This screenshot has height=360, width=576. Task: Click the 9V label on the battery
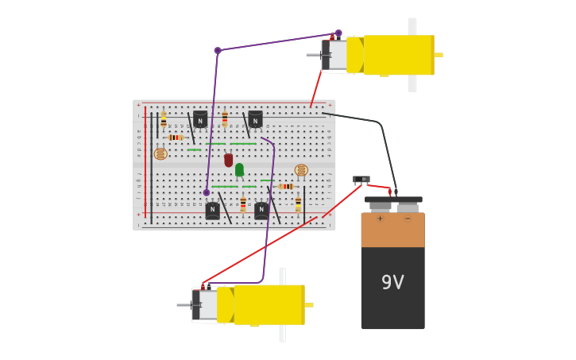[x=392, y=282]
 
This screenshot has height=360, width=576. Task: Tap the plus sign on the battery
[x=380, y=219]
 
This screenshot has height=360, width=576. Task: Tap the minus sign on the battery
[x=407, y=219]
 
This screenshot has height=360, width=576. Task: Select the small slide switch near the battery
[x=361, y=180]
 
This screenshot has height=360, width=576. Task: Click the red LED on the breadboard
[x=229, y=160]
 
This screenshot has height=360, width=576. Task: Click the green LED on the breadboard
[x=239, y=169]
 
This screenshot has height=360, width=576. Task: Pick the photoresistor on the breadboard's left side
[x=160, y=153]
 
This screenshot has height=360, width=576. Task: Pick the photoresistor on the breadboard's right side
[x=301, y=170]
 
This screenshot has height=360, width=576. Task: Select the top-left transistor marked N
[x=200, y=120]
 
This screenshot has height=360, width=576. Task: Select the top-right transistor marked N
[x=255, y=120]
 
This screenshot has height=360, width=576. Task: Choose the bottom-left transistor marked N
[x=212, y=211]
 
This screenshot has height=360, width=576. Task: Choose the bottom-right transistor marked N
[x=261, y=211]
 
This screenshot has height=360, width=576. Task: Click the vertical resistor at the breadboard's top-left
[x=164, y=121]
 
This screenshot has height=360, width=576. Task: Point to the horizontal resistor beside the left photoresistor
[x=176, y=137]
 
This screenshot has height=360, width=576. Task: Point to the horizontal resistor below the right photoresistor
[x=286, y=187]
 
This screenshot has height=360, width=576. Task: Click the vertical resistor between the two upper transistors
[x=225, y=119]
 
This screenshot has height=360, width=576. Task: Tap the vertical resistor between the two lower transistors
[x=243, y=203]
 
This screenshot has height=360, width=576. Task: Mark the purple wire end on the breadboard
[x=207, y=192]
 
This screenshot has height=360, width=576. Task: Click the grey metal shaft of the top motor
[x=313, y=55]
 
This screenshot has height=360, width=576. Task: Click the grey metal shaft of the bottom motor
[x=184, y=304]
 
